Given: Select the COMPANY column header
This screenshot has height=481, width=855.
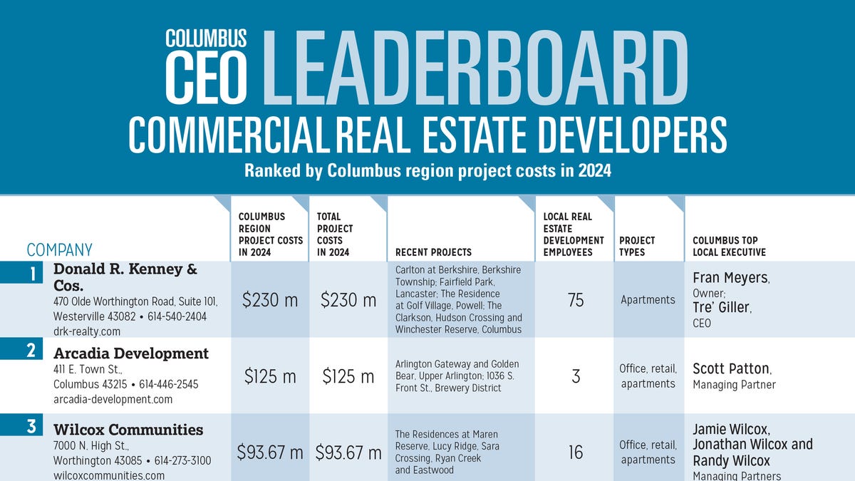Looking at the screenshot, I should click(60, 249).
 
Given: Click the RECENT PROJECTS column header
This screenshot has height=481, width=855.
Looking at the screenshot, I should click(433, 252).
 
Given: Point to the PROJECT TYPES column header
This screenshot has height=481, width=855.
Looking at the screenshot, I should click(637, 246).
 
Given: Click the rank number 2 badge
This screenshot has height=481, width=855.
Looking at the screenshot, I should click(31, 350).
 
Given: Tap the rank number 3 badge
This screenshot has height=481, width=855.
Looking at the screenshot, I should click(31, 427).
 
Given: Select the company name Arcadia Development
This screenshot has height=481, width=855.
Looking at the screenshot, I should click(131, 353).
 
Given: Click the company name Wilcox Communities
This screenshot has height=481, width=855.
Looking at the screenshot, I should click(128, 430).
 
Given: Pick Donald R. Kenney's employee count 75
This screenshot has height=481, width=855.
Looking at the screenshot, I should click(576, 300).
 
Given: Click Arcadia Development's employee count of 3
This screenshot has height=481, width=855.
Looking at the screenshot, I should click(576, 376).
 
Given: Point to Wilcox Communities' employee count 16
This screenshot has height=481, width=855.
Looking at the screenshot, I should click(576, 452).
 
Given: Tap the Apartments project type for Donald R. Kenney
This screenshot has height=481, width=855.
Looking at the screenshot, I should click(648, 300).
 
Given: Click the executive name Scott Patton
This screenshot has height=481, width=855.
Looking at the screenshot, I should click(731, 369).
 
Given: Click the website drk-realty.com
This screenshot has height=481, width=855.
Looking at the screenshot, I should click(87, 331).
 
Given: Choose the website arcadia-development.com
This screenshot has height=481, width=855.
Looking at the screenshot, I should click(113, 400).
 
